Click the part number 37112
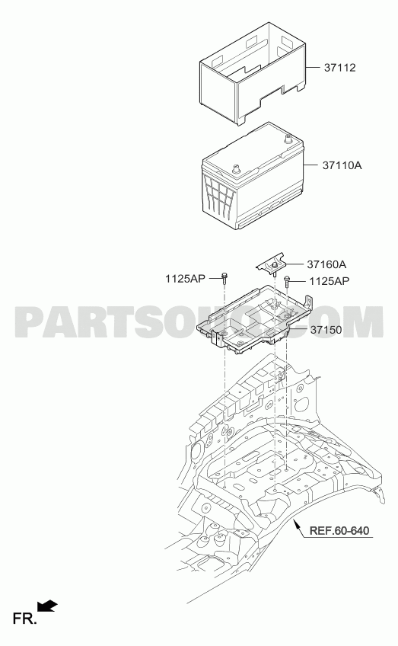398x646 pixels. point(339,68)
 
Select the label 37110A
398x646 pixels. point(342,165)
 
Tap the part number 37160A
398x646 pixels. point(326,264)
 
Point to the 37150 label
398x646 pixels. point(326,330)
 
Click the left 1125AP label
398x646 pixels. point(185,279)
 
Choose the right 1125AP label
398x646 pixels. point(330,281)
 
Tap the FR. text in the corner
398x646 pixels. point(24,619)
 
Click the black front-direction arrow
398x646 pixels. point(47,606)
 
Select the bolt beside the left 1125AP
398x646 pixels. point(224,279)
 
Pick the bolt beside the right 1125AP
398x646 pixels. point(287,281)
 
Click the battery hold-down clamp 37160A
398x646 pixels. point(272,264)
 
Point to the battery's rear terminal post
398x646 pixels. point(288,138)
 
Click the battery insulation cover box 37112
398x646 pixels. point(253,73)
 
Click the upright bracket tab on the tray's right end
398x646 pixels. point(307,301)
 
